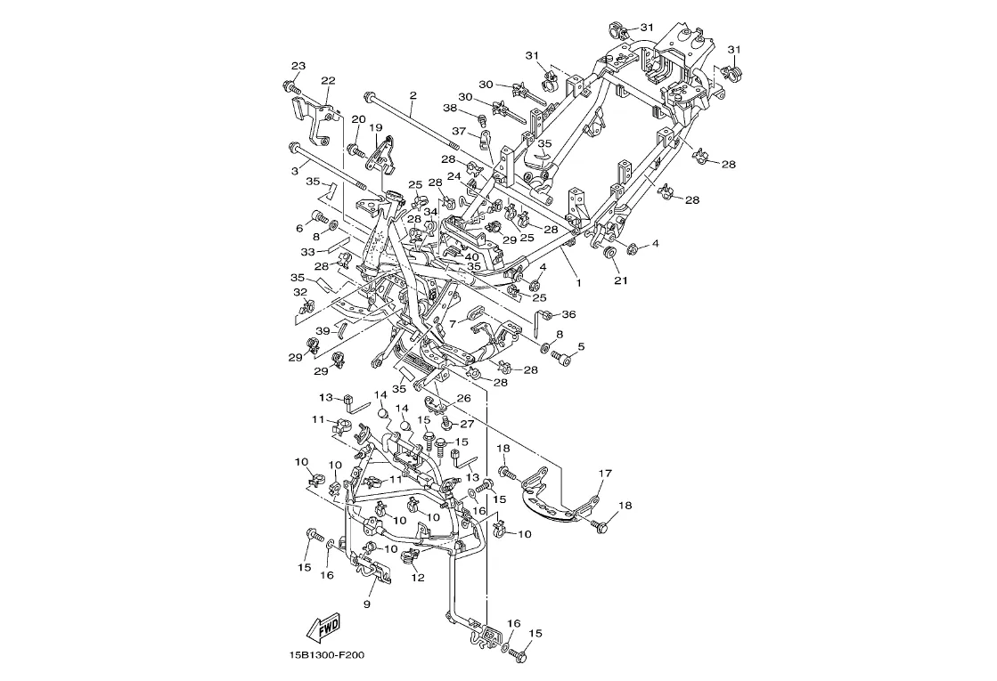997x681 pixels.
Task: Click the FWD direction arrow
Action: coord(325,628)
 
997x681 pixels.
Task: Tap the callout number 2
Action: coord(413,94)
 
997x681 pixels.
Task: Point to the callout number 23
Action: coord(298,66)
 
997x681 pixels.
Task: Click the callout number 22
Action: coord(328,81)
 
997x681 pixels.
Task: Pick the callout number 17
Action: coord(605,474)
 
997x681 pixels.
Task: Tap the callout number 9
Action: coord(366,604)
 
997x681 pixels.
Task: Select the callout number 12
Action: coord(417,577)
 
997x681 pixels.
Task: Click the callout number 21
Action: coord(620,280)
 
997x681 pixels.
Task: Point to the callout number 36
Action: coord(568,314)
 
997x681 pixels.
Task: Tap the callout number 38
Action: coord(450,108)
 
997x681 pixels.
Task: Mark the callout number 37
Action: coord(458,131)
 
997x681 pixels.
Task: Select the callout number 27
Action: coord(467,424)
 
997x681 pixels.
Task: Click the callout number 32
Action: coord(300,292)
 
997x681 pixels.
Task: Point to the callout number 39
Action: coord(323,331)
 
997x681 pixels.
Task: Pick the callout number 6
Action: coord(299,229)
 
